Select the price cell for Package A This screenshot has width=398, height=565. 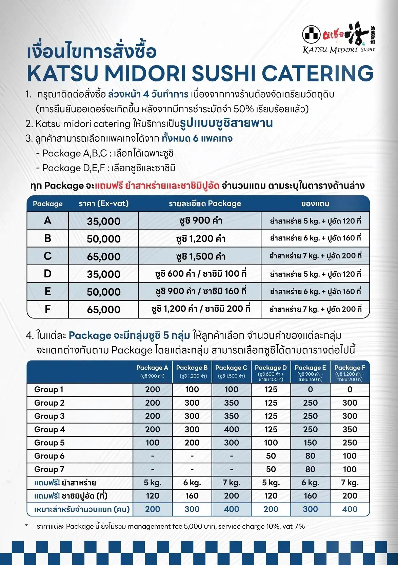103,221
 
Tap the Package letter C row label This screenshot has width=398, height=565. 47,256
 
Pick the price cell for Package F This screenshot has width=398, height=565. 103,309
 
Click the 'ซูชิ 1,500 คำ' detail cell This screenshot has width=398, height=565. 201,256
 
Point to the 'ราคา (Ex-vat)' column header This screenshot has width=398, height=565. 103,203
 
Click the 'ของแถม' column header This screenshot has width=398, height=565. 315,203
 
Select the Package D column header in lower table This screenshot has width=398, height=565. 271,372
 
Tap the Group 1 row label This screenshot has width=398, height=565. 48,389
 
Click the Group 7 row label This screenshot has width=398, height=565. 49,469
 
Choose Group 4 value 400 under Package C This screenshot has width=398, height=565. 231,429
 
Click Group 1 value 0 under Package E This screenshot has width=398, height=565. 310,389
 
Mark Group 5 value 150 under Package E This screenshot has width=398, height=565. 310,443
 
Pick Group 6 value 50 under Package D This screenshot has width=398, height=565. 271,456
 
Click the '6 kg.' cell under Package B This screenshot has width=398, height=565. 192,483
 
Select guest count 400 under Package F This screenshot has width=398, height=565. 350,509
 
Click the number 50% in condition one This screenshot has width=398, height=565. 243,109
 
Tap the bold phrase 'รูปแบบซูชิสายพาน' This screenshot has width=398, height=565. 226,123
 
